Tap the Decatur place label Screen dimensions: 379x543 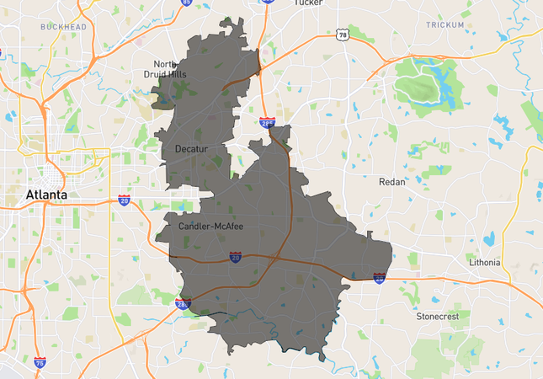190,149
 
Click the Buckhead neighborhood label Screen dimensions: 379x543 63,27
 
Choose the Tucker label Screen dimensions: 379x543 308,3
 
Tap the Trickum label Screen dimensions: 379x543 444,25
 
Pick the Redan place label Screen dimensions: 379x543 391,181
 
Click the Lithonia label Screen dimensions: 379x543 484,263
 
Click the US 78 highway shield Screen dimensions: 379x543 341,35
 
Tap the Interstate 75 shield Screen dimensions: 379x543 40,362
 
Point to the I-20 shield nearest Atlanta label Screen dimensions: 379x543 124,200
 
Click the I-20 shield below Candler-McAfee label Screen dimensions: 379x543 236,257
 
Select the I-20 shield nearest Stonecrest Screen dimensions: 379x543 380,276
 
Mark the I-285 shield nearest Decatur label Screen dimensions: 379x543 267,124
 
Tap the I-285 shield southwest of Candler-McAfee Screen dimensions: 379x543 183,304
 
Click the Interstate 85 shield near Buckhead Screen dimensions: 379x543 186,3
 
